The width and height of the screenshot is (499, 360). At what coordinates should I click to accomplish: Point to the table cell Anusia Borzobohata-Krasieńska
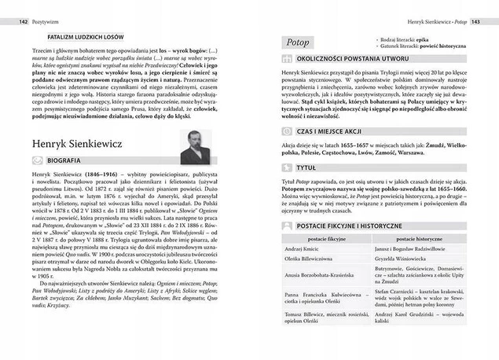pos(321,275)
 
